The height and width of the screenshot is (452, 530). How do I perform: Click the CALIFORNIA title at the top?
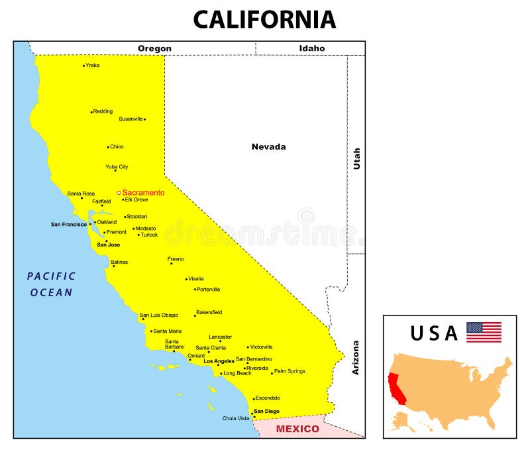(x=264, y=19)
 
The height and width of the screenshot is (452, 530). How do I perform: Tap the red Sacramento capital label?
(x=143, y=193)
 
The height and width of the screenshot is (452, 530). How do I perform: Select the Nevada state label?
(x=268, y=146)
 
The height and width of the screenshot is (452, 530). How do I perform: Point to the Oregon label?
(x=154, y=48)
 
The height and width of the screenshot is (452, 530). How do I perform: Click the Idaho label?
(x=311, y=48)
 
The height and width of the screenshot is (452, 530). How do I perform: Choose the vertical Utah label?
(x=356, y=158)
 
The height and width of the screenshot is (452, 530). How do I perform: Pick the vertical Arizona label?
(x=356, y=358)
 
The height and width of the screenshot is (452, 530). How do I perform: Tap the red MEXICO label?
(x=297, y=429)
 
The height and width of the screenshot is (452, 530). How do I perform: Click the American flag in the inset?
(x=484, y=332)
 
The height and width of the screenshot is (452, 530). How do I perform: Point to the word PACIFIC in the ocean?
(x=52, y=276)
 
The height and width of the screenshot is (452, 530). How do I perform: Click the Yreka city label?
(x=93, y=65)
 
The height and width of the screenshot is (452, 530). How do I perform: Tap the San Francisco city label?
(x=69, y=224)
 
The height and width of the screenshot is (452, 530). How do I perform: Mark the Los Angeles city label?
(x=219, y=361)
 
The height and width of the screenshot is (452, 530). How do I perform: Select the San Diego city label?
(x=267, y=412)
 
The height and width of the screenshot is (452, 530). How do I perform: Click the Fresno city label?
(x=176, y=259)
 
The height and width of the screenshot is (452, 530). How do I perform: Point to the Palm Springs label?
(x=290, y=371)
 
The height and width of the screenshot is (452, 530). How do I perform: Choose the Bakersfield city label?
(x=209, y=312)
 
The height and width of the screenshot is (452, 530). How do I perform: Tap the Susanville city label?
(x=131, y=119)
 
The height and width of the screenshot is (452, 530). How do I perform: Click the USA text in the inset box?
(x=434, y=333)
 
